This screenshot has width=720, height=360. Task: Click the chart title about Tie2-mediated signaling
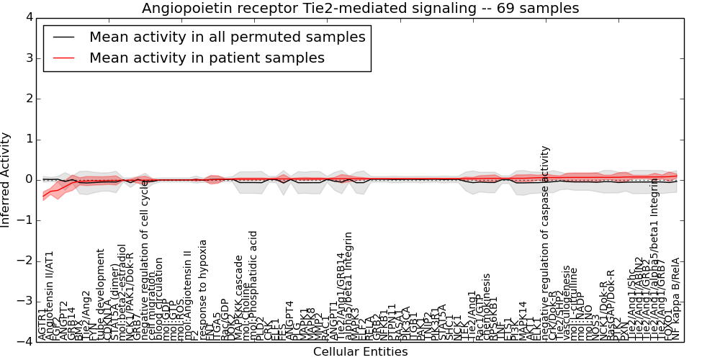pos(360,8)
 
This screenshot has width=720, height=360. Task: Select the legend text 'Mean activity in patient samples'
pos(207,58)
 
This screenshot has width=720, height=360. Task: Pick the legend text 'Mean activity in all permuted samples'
pos(227,37)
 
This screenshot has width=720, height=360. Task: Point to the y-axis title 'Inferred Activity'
pos(6,179)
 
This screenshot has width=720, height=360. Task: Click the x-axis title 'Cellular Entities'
pos(360,352)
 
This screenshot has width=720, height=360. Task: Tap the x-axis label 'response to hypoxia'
pos(204,289)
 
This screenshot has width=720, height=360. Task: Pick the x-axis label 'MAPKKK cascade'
pos(239,297)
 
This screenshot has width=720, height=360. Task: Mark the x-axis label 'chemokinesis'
pos(487,306)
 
